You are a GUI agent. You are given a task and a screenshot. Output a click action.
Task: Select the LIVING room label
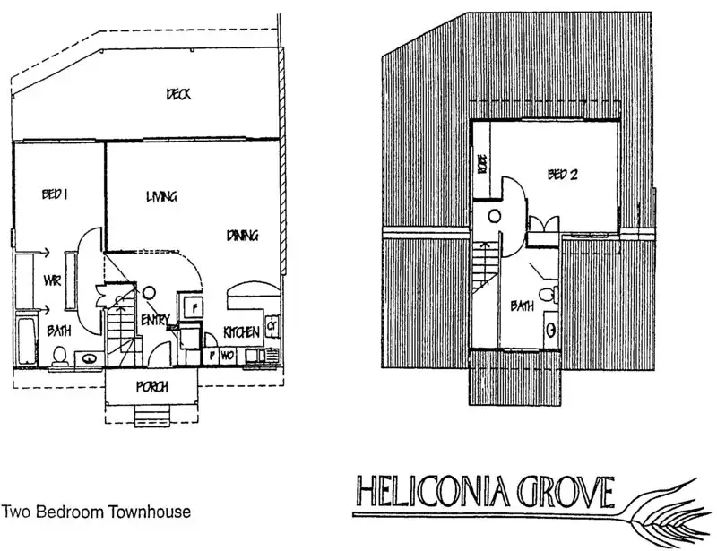pos(161,197)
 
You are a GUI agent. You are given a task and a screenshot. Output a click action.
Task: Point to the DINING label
pos(242,236)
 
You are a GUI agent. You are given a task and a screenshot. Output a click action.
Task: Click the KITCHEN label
pos(241,332)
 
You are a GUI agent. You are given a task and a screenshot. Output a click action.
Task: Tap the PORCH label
pos(152,387)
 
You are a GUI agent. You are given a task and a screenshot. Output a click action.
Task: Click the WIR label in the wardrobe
pos(52,281)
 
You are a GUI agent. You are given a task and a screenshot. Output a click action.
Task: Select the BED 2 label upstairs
pos(562,175)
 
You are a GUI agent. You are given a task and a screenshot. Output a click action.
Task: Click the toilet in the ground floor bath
pos(59,356)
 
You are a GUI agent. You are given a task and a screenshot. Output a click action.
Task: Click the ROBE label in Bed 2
pos(482,164)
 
